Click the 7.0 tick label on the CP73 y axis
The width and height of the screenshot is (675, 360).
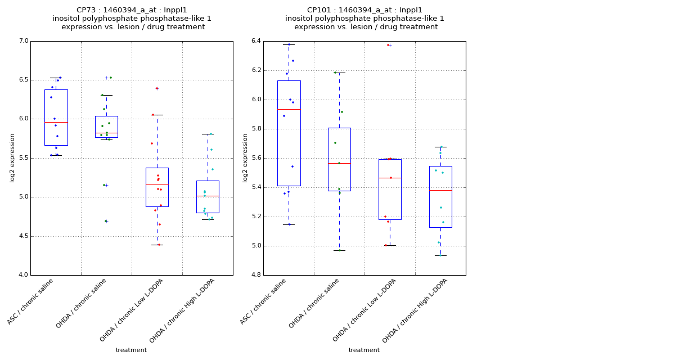point(24,41)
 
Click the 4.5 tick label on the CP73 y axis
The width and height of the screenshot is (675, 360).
point(24,236)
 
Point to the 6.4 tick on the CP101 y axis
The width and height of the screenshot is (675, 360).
point(256,41)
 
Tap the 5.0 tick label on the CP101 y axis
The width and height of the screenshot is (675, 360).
point(256,246)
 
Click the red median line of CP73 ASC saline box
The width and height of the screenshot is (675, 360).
point(56,122)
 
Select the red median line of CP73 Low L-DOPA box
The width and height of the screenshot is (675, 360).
point(157,184)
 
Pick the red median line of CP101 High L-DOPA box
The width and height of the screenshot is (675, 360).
point(440,190)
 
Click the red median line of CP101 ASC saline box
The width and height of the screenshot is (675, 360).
point(289,109)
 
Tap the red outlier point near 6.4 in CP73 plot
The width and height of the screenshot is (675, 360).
point(157,88)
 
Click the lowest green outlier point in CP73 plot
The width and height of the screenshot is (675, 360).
point(105,221)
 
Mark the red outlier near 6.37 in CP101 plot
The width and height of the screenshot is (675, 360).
point(388,45)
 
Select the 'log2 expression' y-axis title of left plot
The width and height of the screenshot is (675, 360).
point(12,157)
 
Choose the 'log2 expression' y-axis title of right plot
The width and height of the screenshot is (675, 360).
point(245,157)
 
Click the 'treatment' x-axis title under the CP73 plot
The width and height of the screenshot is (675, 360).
point(131,350)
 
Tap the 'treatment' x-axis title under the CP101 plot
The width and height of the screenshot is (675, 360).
point(364,350)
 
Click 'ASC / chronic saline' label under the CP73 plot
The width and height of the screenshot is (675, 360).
point(31,302)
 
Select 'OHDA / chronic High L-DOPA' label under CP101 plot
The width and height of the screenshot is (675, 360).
point(415,311)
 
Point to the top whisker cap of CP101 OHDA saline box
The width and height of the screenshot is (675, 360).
point(339,73)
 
